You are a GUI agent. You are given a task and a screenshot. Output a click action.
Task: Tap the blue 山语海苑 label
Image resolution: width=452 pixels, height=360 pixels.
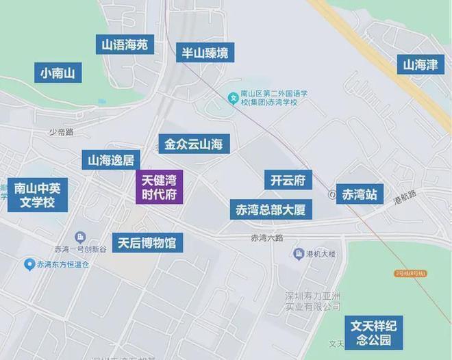[124, 46]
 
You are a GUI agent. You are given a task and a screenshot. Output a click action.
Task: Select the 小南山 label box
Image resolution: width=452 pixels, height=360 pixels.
[58, 73]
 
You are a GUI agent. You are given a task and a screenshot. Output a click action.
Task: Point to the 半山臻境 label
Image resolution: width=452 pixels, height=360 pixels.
[204, 53]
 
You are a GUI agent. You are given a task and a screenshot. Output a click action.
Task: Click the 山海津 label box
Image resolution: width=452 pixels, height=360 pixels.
[419, 66]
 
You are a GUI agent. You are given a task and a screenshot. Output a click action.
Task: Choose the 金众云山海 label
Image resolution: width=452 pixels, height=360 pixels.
[194, 144]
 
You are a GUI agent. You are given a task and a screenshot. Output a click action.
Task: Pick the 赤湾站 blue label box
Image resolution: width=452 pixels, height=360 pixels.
[360, 194]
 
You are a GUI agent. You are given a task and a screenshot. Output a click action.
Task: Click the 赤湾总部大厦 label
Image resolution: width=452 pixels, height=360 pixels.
[271, 210]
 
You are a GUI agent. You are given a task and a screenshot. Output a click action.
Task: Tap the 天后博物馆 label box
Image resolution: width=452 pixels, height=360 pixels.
[147, 242]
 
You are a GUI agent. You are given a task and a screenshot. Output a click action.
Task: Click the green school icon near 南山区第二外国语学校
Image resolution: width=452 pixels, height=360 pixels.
[232, 99]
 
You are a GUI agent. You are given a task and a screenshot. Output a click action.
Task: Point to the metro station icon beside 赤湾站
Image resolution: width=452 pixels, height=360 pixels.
[331, 194]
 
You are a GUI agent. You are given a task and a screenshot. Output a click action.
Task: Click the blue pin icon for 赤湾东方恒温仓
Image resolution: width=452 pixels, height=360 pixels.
[29, 263]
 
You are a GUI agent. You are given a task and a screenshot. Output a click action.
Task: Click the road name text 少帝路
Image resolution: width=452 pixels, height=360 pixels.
[60, 132]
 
